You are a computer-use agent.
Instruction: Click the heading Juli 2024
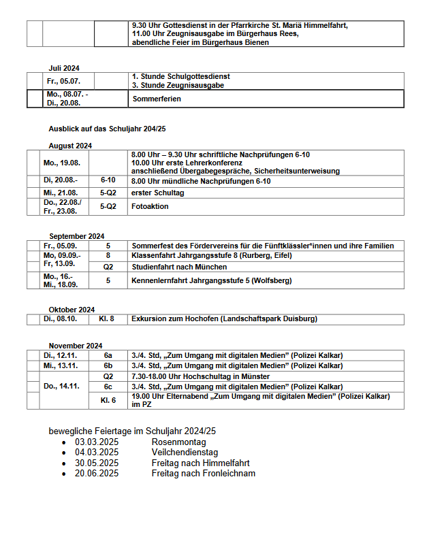click(64, 67)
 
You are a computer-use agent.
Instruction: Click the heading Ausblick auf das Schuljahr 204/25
click(107, 128)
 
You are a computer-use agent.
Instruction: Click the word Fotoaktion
click(150, 206)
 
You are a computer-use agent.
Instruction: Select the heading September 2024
click(76, 236)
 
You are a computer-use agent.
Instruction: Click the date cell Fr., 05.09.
click(59, 246)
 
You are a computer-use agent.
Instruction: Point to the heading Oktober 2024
click(71, 309)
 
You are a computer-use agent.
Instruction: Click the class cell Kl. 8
click(108, 318)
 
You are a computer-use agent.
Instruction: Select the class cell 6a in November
click(108, 355)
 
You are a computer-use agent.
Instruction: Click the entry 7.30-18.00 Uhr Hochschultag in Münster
click(200, 376)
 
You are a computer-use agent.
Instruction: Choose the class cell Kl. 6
click(108, 400)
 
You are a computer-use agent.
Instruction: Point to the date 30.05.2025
click(97, 462)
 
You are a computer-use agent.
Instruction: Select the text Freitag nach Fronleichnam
click(203, 473)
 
